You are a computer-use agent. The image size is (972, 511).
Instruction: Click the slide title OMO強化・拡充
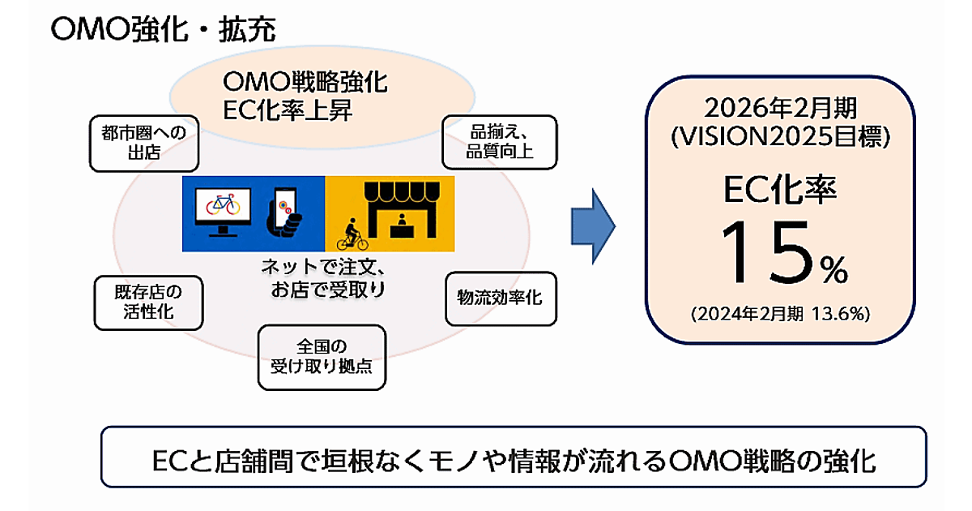point(162,30)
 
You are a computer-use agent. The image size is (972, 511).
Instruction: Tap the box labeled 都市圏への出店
point(144,142)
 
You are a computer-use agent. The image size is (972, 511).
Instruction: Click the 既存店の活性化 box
point(147,302)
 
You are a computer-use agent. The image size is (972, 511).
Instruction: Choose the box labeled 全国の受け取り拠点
point(322,357)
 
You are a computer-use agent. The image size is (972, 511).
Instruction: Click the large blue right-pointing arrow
point(594,226)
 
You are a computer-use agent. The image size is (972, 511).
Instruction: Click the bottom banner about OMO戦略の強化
point(514,459)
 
